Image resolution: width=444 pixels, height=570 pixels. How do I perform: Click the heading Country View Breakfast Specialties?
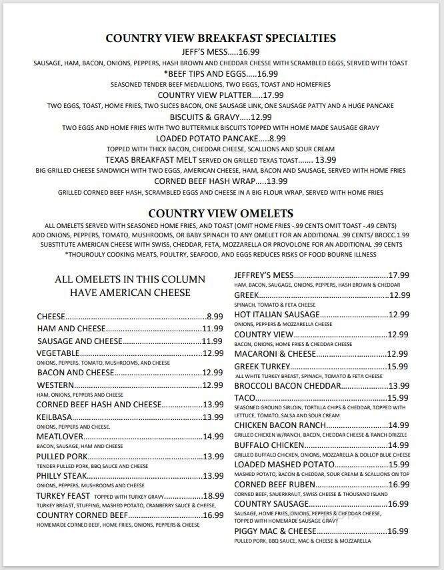point(221,38)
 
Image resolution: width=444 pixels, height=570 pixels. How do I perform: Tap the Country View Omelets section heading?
point(221,213)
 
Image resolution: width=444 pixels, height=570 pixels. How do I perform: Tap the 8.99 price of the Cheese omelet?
point(214,317)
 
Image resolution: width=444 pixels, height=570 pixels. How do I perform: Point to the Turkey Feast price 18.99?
point(213,496)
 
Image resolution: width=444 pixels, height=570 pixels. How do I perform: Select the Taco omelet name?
point(245,397)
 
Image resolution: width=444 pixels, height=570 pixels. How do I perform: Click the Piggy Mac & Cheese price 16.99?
point(398,531)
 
